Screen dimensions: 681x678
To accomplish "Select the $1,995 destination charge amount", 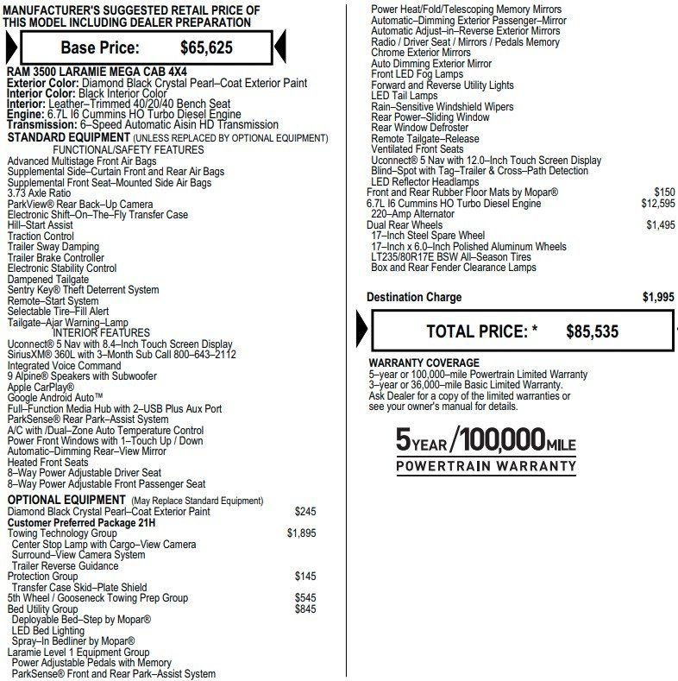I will pyautogui.click(x=658, y=297).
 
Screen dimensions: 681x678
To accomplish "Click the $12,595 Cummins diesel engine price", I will pyautogui.click(x=658, y=204).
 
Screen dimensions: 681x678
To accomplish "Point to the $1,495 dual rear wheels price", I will pyautogui.click(x=661, y=225).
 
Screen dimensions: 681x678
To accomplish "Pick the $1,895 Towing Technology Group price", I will pyautogui.click(x=301, y=533).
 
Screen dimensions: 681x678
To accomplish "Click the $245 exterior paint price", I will pyautogui.click(x=305, y=512).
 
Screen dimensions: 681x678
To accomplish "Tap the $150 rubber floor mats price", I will pyautogui.click(x=664, y=192).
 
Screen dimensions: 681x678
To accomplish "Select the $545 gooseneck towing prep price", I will pyautogui.click(x=305, y=597).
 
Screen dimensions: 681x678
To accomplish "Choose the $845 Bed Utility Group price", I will pyautogui.click(x=305, y=608).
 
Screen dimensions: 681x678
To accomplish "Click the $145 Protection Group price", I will pyautogui.click(x=305, y=577).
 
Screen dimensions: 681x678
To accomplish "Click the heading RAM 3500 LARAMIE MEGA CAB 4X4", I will pyautogui.click(x=97, y=72).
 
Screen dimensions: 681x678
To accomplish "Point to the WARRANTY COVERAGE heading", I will pyautogui.click(x=424, y=363).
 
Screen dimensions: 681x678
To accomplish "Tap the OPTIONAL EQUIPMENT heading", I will pyautogui.click(x=66, y=501).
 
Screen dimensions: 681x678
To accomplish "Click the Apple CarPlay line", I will pyautogui.click(x=41, y=387).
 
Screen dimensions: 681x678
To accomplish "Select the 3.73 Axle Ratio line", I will pyautogui.click(x=39, y=193).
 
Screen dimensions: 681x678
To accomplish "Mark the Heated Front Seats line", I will pyautogui.click(x=47, y=463).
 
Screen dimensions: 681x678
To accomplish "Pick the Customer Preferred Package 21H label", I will pyautogui.click(x=82, y=522).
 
